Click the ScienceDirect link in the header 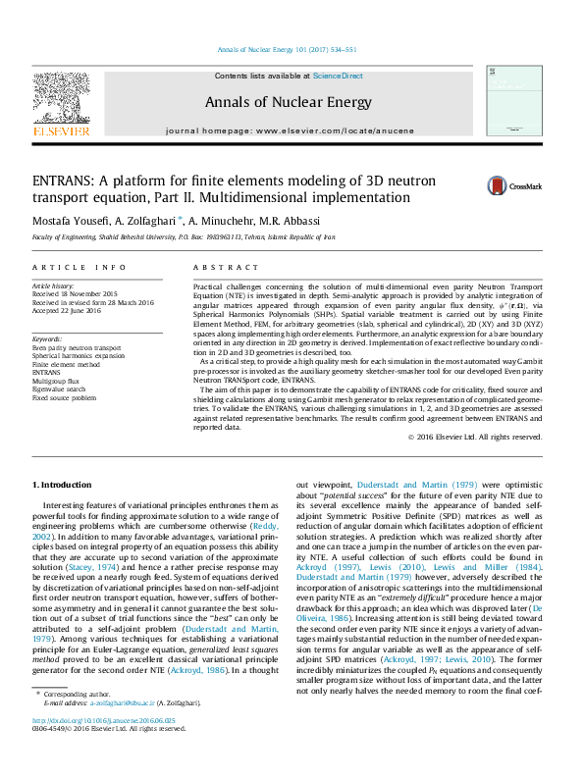pos(338,76)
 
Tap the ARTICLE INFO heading pos(80,267)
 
